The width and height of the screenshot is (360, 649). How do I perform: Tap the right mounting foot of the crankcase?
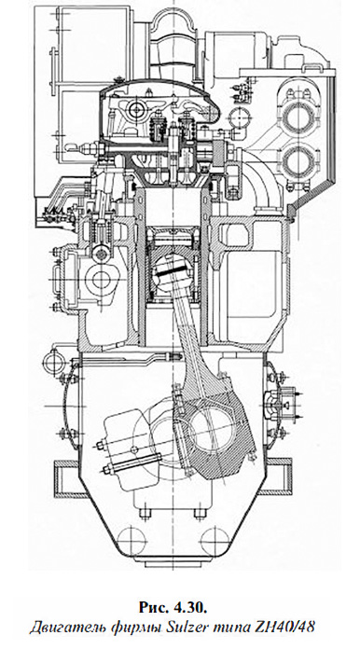pos(299,475)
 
